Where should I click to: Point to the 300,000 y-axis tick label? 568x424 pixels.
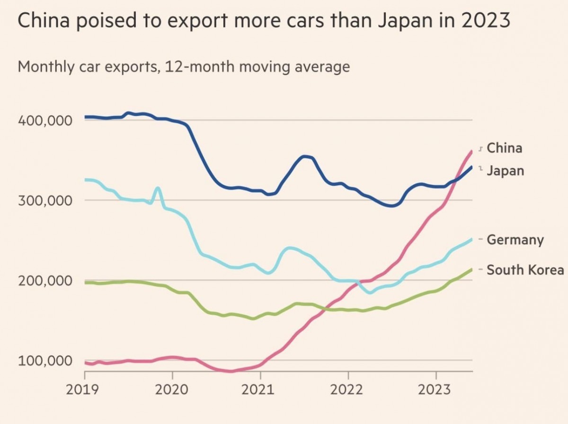(45, 200)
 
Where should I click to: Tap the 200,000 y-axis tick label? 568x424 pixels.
(45, 280)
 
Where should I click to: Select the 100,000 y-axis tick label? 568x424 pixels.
(45, 360)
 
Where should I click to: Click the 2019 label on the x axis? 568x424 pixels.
(85, 390)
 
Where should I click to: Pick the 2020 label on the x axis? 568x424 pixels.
(172, 390)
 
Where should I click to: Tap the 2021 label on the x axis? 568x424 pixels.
(260, 390)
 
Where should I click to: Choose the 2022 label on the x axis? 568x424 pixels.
(348, 390)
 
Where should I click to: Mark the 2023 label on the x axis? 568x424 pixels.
(435, 390)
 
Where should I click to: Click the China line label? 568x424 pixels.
(504, 148)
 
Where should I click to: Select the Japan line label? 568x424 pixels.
(505, 170)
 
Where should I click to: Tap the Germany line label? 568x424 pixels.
(515, 240)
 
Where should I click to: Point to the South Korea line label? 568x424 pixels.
(525, 270)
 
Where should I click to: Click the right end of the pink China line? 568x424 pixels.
(471, 151)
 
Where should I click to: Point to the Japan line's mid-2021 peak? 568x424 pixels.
(305, 156)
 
